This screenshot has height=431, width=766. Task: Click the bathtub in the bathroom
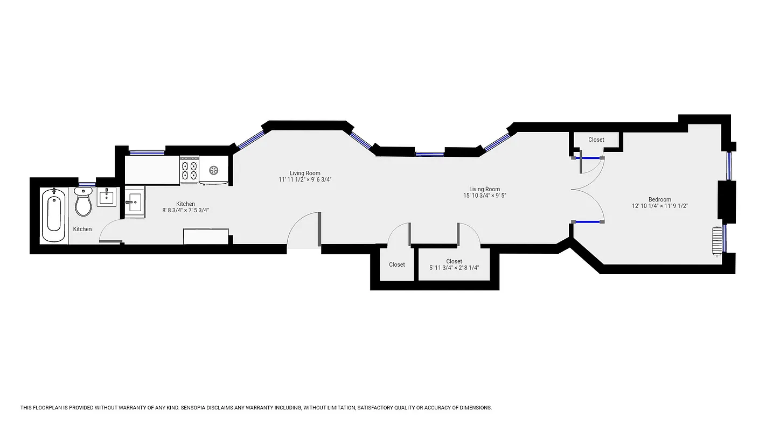(x=54, y=214)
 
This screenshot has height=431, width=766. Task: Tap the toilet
(x=83, y=202)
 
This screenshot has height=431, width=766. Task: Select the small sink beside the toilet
(x=106, y=197)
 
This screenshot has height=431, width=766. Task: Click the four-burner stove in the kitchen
(x=189, y=170)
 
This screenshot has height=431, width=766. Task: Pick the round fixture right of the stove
(x=214, y=171)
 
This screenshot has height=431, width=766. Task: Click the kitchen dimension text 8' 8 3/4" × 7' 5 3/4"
(x=185, y=211)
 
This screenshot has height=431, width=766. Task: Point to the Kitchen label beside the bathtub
(x=82, y=229)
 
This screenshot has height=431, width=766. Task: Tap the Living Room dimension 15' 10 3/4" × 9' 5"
(x=484, y=196)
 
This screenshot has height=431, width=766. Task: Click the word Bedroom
(x=659, y=199)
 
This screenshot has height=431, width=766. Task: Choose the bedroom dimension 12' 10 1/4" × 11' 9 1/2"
(x=660, y=206)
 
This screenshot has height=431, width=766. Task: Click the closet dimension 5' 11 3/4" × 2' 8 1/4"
(x=454, y=268)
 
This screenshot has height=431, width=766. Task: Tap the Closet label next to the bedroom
(x=596, y=140)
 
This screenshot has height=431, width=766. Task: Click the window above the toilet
(x=87, y=185)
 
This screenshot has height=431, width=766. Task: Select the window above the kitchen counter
(x=147, y=152)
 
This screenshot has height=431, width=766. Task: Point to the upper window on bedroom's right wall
(x=728, y=166)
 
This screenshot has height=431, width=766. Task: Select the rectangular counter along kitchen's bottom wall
(x=206, y=237)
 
